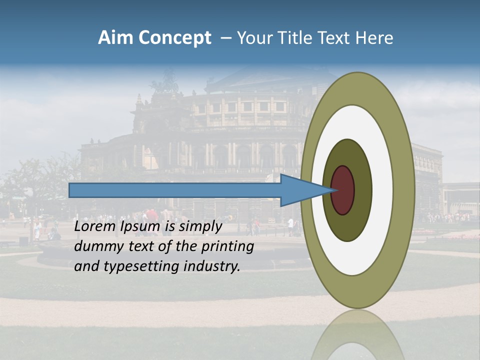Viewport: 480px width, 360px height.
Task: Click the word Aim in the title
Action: (115, 38)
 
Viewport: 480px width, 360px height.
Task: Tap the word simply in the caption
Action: (200, 226)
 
